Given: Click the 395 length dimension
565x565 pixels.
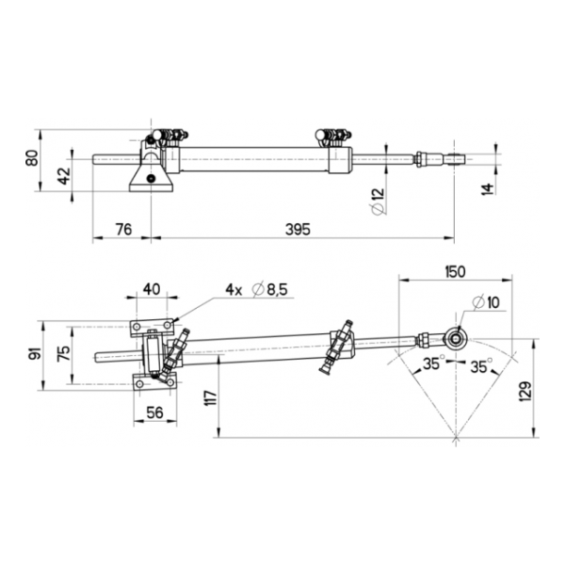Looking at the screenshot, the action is point(298,229).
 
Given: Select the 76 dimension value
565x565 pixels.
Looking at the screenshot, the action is point(123,229).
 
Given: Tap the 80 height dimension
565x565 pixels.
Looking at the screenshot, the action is point(32,157).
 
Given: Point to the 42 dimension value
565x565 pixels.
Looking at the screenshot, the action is point(65,176).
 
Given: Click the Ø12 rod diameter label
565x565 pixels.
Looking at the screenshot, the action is point(378,202).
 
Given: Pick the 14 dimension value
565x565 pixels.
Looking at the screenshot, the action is point(487,189).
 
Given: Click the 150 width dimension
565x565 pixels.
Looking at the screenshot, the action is point(455,272).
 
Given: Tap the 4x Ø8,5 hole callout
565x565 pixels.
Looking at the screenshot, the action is point(256,289).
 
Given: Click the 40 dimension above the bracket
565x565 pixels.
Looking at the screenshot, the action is point(152,289).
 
